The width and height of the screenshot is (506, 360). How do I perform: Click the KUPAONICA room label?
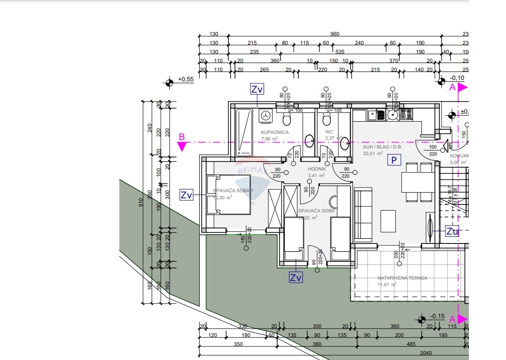[x=275, y=133]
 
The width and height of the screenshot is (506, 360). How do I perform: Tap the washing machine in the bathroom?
[x=266, y=116]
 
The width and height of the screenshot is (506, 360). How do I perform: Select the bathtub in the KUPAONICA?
[x=244, y=133]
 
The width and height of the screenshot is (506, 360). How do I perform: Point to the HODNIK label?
[x=316, y=169]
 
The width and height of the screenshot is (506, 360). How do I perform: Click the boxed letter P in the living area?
[x=394, y=160]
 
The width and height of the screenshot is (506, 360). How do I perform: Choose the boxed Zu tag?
[x=452, y=231]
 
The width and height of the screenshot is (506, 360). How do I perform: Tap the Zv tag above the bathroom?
[x=257, y=89]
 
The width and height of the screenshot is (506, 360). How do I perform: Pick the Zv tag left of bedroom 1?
[x=187, y=195]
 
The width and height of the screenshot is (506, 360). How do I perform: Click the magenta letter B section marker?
[x=182, y=138]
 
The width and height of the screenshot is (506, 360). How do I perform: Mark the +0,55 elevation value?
[x=186, y=79]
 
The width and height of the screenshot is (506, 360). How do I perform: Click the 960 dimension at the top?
[x=335, y=34]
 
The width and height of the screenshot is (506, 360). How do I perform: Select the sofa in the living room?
[x=362, y=215]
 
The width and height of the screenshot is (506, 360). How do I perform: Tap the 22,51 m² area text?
[x=373, y=153]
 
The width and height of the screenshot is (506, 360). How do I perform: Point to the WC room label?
[x=329, y=132]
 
